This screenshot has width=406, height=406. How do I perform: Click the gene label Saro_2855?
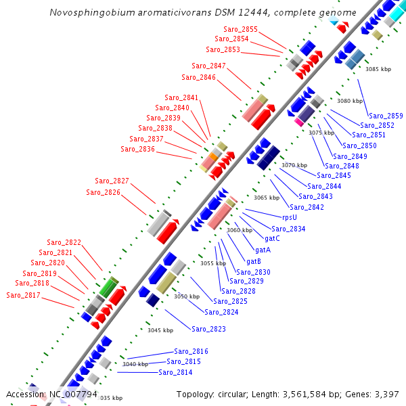pyautogui.click(x=240, y=30)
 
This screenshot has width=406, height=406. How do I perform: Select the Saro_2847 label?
pyautogui.click(x=208, y=66)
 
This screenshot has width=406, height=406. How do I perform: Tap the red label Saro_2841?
pyautogui.click(x=181, y=98)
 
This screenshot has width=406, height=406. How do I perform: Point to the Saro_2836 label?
pyautogui.click(x=137, y=149)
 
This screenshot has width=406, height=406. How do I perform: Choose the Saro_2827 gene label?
pyautogui.click(x=112, y=181)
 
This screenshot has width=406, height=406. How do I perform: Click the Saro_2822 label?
pyautogui.click(x=64, y=242)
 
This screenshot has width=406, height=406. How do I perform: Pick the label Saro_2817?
pyautogui.click(x=23, y=295)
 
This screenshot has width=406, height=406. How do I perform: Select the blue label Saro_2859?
pyautogui.click(x=386, y=116)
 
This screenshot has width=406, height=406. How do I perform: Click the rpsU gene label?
pyautogui.click(x=290, y=218)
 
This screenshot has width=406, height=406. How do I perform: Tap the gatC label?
pyautogui.click(x=272, y=238)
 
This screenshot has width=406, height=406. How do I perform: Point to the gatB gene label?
pyautogui.click(x=254, y=261)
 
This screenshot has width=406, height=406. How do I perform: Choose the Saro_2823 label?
pyautogui.click(x=208, y=329)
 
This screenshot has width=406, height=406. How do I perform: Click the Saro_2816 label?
pyautogui.click(x=191, y=351)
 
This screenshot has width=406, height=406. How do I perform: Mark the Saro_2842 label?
pyautogui.click(x=307, y=207)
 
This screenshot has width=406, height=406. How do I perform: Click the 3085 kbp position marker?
pyautogui.click(x=378, y=69)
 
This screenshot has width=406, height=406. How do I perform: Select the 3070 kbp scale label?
pyautogui.click(x=294, y=165)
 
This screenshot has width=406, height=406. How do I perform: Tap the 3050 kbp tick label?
pyautogui.click(x=187, y=296)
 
